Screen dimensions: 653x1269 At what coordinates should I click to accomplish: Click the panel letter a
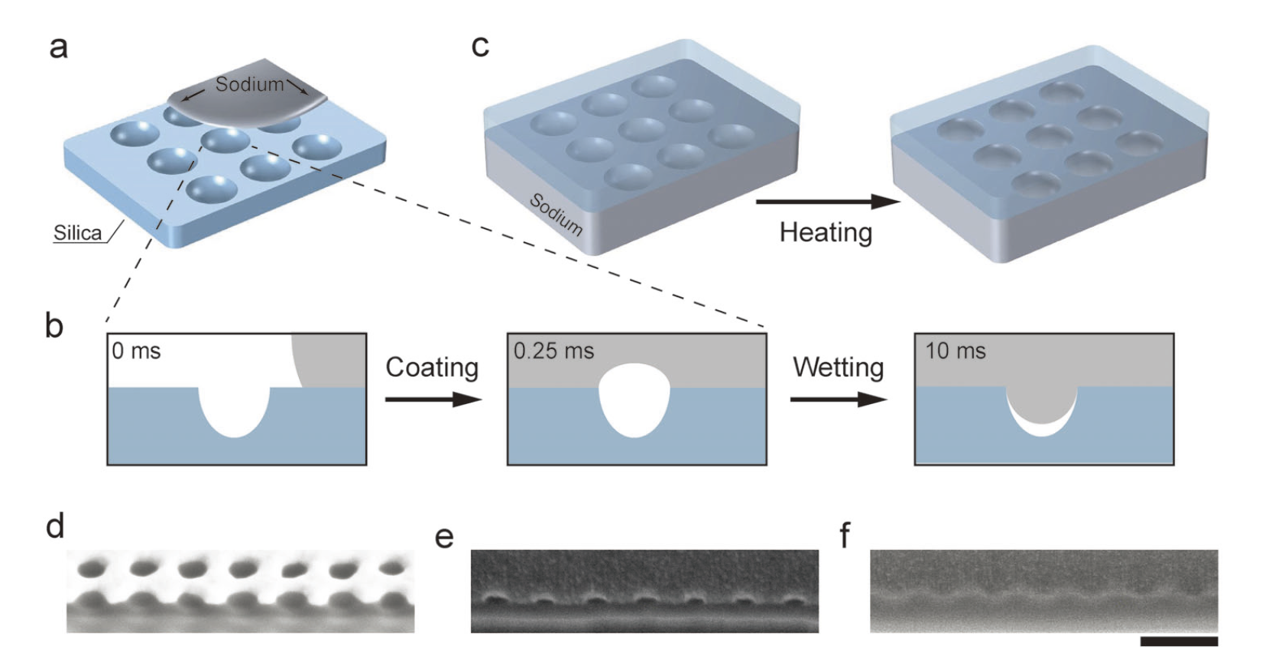(58, 47)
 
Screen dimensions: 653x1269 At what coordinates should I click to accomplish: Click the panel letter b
(54, 326)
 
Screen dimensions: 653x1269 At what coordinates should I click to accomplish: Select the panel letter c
(479, 47)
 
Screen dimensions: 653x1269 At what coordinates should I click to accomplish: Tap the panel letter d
(55, 526)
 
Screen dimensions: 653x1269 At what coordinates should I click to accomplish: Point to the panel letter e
(443, 537)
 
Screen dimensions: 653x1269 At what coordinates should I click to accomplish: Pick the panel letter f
(845, 535)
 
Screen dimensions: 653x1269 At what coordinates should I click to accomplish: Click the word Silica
(77, 233)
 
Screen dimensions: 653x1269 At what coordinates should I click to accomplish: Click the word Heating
(826, 232)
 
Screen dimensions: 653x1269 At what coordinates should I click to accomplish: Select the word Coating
(432, 367)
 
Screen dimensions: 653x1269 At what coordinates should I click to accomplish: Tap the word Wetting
(838, 367)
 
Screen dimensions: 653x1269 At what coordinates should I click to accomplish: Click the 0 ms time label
(136, 351)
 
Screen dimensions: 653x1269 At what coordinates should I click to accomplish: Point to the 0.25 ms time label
(553, 351)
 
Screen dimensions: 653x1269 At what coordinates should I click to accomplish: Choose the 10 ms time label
(956, 351)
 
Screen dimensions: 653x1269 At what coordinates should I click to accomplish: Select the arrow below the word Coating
(433, 399)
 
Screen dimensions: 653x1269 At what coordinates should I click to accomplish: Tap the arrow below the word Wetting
(838, 399)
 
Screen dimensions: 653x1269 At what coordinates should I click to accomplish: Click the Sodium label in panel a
(249, 85)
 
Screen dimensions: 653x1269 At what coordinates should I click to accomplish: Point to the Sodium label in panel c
(556, 215)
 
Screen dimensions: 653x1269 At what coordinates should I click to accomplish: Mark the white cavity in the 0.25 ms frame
(634, 399)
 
